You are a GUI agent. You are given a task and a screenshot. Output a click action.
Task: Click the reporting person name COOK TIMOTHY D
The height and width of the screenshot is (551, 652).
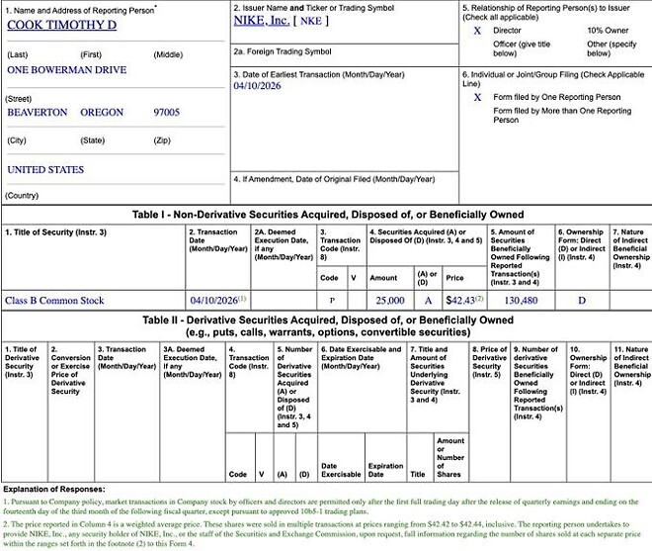pos(61,25)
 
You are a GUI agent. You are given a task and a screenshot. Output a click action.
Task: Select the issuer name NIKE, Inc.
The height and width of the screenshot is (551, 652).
pos(262,19)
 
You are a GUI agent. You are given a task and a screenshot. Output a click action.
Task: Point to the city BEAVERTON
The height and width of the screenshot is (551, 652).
pos(37,112)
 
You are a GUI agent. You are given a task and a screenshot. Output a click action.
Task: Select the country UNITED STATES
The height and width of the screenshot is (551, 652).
pos(45,169)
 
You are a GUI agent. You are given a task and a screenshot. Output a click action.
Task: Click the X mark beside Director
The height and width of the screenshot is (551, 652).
pos(477,31)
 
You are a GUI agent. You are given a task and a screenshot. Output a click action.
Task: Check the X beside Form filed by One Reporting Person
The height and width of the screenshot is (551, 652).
pos(477,97)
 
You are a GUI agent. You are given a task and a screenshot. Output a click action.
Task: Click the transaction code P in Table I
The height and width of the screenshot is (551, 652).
pos(332,299)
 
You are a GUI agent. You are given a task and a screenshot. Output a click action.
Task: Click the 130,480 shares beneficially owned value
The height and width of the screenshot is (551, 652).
pos(520,299)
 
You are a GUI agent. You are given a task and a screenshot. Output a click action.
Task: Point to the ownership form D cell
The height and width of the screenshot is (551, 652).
pos(581,299)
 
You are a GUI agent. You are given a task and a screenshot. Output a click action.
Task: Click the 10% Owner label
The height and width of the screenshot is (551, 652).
pos(609,31)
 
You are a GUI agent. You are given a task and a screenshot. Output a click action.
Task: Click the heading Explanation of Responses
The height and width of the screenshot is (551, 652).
pos(57,489)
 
